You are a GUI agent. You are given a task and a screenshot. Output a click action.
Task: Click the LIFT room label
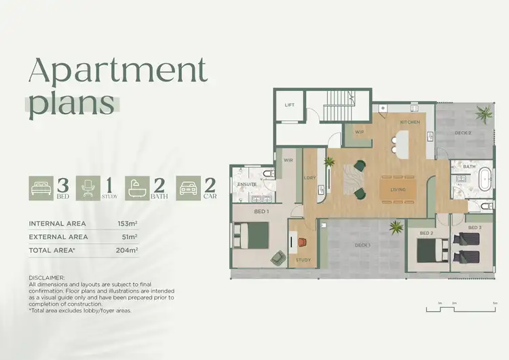click(290, 105)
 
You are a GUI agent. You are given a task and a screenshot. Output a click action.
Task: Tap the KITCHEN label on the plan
click(409, 122)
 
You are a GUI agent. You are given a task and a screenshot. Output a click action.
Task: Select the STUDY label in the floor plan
click(303, 259)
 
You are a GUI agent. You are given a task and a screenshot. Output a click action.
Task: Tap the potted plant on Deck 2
click(485, 113)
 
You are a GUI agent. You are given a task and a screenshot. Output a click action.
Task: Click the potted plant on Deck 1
click(394, 228)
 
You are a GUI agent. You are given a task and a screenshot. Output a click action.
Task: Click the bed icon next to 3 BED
click(39, 188)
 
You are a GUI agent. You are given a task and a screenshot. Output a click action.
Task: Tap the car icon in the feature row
click(189, 188)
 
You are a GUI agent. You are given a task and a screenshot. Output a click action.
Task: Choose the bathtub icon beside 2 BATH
click(138, 188)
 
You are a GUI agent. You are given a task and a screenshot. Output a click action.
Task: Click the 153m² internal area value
click(127, 223)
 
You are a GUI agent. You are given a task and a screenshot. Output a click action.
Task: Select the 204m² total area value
click(127, 251)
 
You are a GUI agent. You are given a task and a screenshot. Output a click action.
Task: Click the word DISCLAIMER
click(47, 278)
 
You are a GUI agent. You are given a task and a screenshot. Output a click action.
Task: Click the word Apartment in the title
click(116, 70)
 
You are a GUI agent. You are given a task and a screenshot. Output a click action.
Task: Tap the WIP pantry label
click(360, 132)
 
